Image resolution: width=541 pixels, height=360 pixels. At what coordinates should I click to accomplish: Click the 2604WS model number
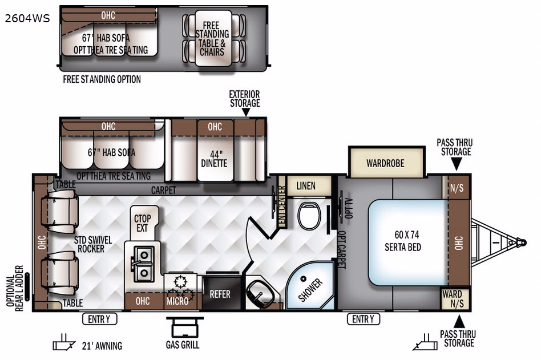(27, 18)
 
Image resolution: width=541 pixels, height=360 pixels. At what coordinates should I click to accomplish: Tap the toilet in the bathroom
(309, 216)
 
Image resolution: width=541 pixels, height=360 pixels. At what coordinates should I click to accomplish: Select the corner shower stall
(310, 285)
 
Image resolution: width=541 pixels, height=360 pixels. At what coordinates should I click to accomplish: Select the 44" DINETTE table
(215, 159)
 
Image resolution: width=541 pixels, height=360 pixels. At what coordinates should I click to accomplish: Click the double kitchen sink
(143, 264)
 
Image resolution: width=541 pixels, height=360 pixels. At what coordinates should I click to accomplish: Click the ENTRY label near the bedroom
(364, 319)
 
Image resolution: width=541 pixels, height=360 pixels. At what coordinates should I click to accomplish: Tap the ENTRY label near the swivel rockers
(99, 319)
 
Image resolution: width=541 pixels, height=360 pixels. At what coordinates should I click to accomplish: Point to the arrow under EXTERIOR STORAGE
(245, 112)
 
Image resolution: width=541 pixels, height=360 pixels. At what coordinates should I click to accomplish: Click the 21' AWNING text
(102, 346)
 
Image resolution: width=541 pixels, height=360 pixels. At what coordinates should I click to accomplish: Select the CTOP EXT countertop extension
(143, 223)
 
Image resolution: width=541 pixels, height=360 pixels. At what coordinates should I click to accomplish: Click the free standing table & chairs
(213, 38)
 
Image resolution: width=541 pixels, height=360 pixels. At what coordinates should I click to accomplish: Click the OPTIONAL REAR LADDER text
(15, 288)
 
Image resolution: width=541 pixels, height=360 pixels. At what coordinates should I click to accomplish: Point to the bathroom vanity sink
(260, 293)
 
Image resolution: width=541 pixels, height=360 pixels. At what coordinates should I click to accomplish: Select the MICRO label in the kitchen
(177, 301)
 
